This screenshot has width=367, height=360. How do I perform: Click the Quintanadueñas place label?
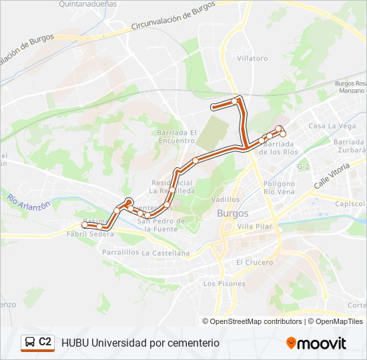coord(87,4)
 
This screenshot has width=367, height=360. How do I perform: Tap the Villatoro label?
coord(252,59)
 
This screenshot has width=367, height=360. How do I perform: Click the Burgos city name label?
coord(233,213)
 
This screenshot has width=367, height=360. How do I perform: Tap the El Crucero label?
coord(254,263)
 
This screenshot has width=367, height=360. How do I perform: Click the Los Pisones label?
coord(224,283)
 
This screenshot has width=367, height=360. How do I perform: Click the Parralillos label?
coord(120,253)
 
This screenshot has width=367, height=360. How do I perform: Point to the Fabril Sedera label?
coord(90,234)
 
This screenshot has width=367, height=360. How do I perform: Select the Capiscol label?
coord(350,204)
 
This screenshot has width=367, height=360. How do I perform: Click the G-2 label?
coord(304,167)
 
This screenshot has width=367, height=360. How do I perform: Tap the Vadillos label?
coord(225,199)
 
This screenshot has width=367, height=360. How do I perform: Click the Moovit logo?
coord(316,343)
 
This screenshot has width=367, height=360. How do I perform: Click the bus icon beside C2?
coord(30,343)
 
